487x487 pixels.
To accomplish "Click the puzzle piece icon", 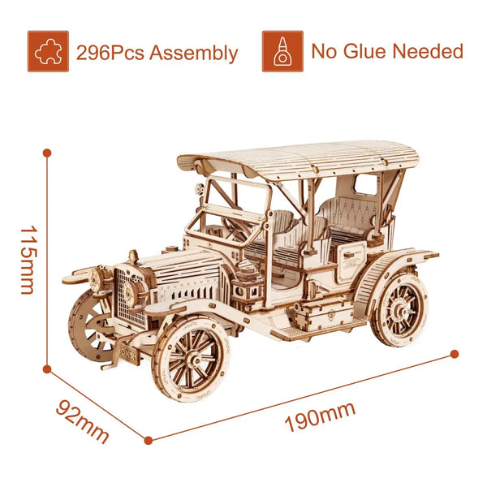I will [48, 51].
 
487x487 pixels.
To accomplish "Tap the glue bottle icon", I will [282, 51].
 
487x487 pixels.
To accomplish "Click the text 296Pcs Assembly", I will [157, 54].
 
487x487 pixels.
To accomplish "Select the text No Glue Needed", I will [387, 51].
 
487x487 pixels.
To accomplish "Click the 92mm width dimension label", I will [82, 420].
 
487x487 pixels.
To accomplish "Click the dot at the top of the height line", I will [47, 152].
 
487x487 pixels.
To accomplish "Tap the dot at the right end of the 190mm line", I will [455, 354].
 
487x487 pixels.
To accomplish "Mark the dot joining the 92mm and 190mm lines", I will [148, 441].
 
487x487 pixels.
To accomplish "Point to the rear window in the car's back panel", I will [365, 185].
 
